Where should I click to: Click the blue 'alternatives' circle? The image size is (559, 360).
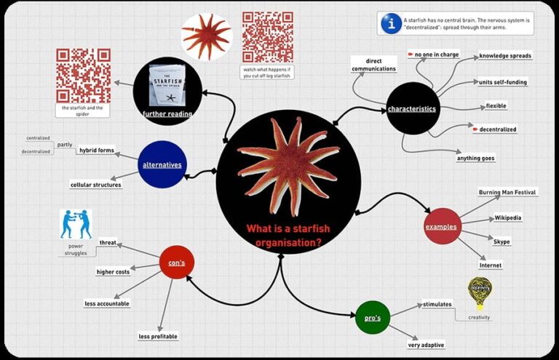point(162,164)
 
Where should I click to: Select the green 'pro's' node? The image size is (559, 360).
point(373,317)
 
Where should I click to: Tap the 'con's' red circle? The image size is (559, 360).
point(177,263)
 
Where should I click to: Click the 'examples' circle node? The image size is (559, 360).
point(442,226)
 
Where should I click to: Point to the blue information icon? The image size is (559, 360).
point(392,23)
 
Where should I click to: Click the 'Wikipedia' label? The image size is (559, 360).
point(507,217)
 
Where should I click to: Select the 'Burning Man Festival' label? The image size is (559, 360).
point(507,192)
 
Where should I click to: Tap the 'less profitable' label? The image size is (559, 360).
point(158,336)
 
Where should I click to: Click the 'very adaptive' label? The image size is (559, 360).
point(426,345)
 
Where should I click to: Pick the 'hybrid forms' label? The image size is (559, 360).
point(97,151)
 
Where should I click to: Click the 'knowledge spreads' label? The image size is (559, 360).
point(505,55)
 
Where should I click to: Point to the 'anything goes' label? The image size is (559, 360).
point(475,158)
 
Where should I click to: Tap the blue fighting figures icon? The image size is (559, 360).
point(76,224)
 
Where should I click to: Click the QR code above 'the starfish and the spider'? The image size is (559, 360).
point(83,76)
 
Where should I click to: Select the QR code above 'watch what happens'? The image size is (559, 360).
point(268,37)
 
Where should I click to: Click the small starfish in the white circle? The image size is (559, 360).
point(207,36)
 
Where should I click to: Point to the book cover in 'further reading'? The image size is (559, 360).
point(167,85)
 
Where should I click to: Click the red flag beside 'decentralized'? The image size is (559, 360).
point(475,129)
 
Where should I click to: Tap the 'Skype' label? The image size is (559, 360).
point(501,241)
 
